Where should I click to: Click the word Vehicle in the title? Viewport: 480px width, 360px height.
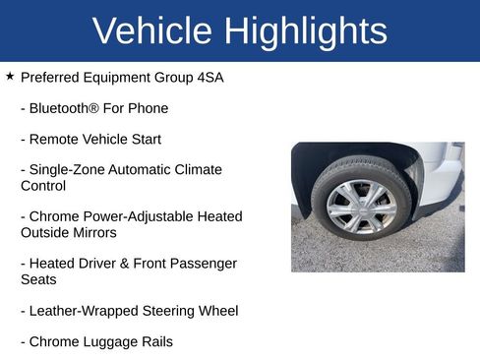[152, 30]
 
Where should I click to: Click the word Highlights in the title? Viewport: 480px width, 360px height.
[306, 30]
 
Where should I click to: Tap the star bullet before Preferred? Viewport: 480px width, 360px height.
[10, 76]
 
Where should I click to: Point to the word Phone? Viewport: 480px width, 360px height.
[148, 108]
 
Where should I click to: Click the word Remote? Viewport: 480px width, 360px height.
[55, 140]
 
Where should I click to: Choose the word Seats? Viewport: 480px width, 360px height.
[38, 280]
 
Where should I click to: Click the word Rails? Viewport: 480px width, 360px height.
[155, 342]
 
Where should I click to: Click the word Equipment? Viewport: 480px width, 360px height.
[125, 77]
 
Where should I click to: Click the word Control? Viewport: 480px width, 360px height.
[43, 186]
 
